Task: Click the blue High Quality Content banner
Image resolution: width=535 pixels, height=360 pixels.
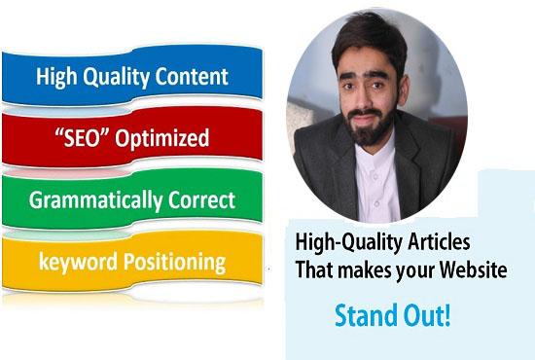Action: (132, 77)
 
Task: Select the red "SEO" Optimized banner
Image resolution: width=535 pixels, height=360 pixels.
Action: (132, 138)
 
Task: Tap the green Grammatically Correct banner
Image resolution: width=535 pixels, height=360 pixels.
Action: (132, 201)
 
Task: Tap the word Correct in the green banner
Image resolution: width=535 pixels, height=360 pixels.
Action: (199, 201)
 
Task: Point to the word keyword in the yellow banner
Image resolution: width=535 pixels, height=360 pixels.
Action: (74, 261)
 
